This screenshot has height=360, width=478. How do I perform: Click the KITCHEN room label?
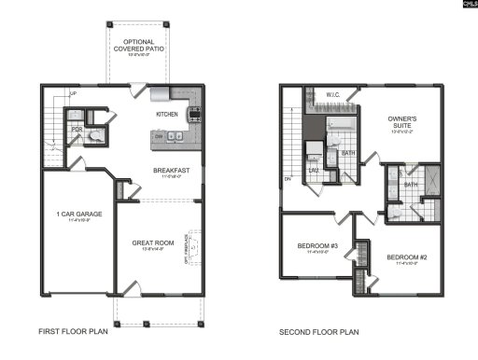pyautogui.click(x=167, y=114)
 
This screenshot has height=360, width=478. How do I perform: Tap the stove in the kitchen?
pyautogui.click(x=195, y=116)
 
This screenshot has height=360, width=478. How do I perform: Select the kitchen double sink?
pyautogui.click(x=174, y=136)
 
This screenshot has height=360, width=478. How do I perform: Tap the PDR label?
pyautogui.click(x=77, y=131)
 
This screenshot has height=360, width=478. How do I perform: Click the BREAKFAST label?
pyautogui.click(x=172, y=170)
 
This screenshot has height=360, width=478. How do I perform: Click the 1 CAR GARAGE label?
pyautogui.click(x=78, y=215)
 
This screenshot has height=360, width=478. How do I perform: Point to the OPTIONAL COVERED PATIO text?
pyautogui.click(x=138, y=46)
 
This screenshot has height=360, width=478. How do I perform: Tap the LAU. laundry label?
pyautogui.click(x=314, y=170)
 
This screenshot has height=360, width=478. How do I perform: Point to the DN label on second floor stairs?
pyautogui.click(x=288, y=178)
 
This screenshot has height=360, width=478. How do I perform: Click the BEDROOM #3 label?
pyautogui.click(x=316, y=245)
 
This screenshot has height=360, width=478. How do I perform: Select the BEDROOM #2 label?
pyautogui.click(x=407, y=256)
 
